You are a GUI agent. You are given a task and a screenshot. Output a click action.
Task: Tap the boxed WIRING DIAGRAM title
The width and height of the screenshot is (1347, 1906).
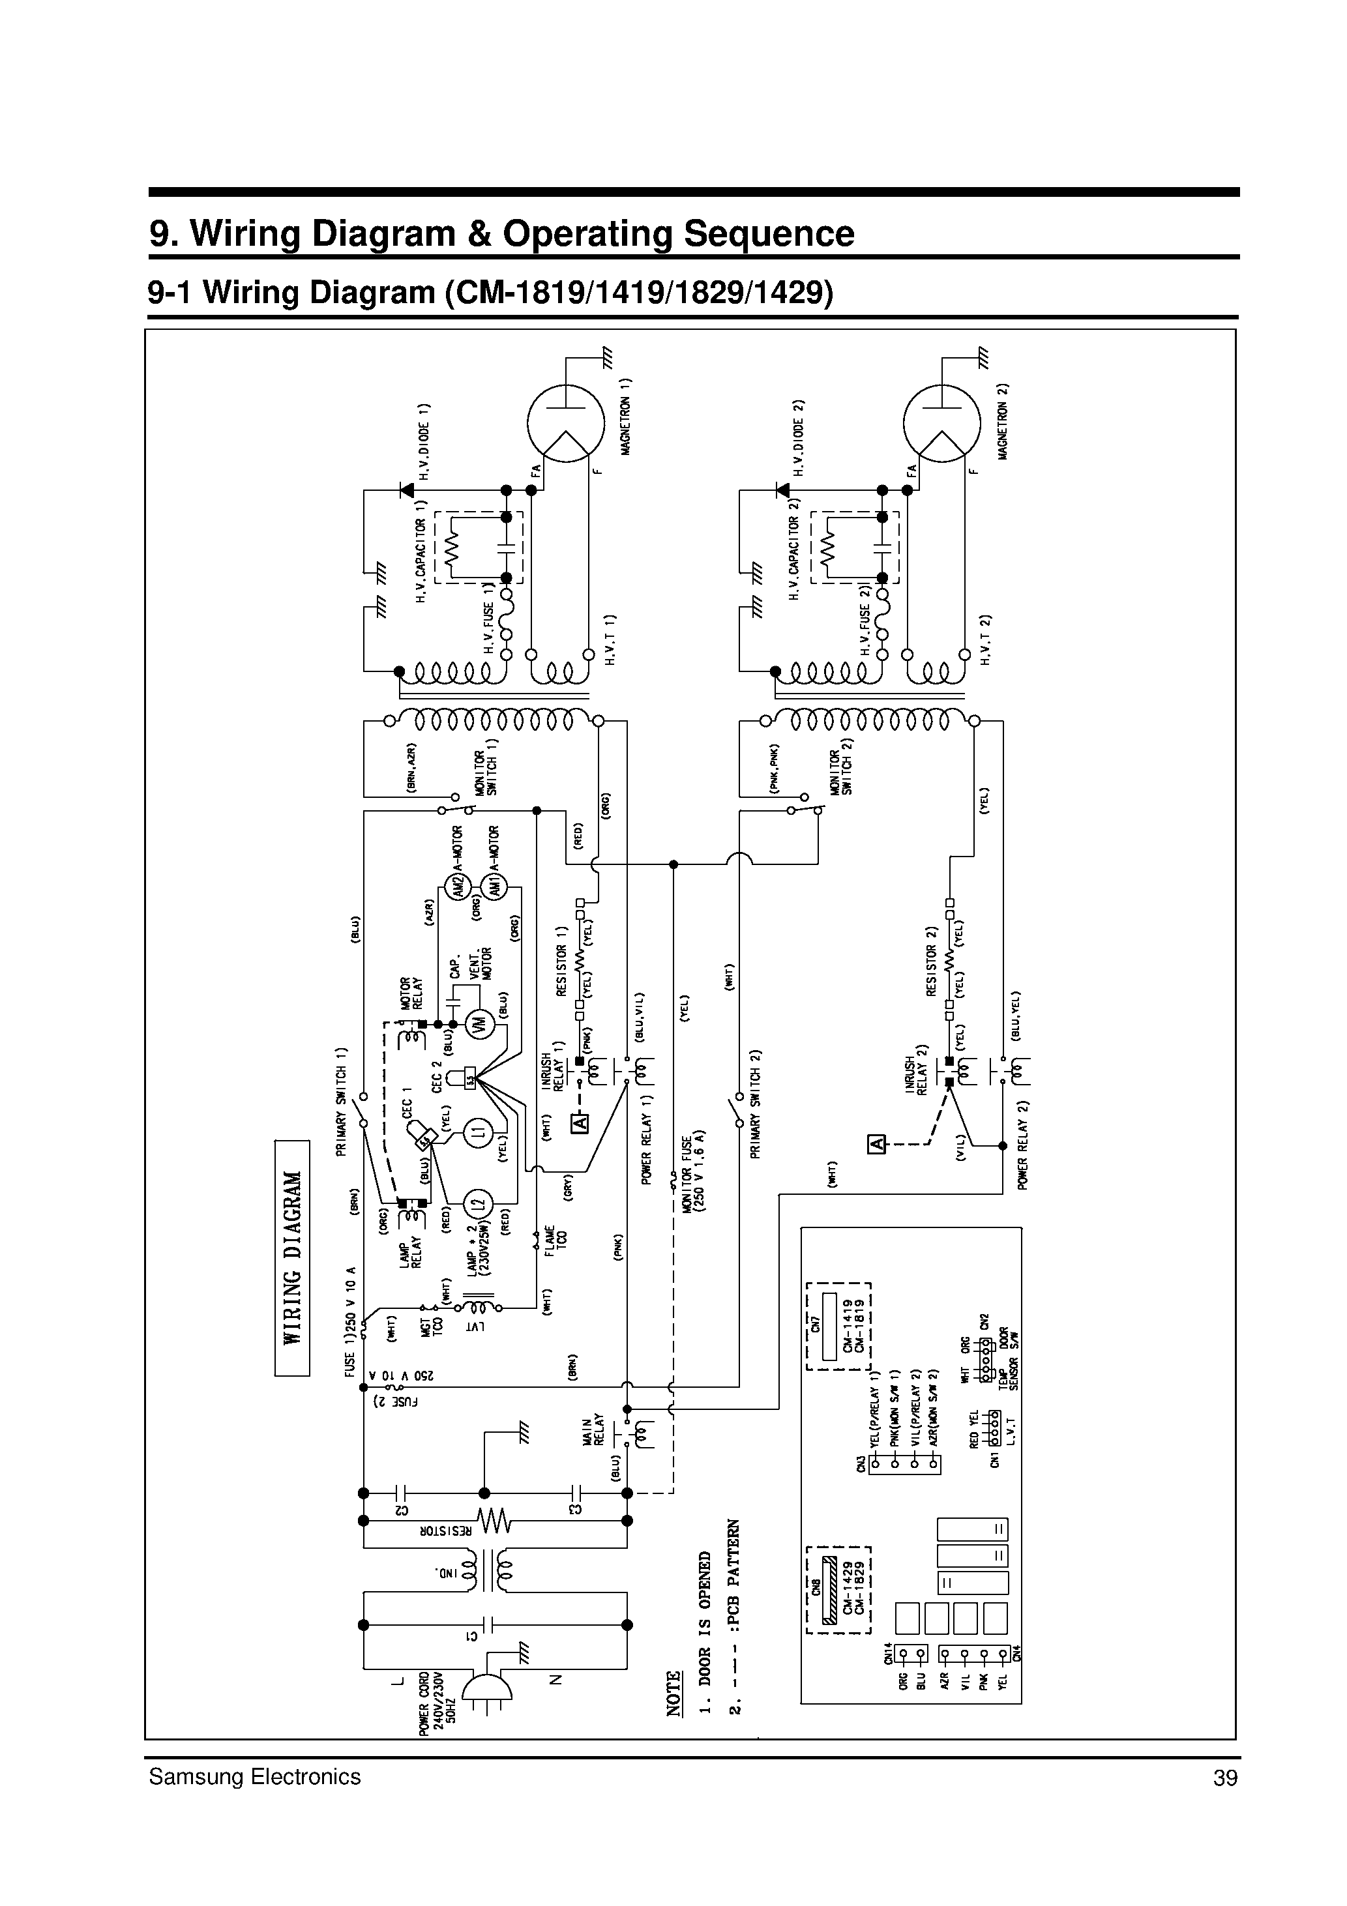click(292, 1257)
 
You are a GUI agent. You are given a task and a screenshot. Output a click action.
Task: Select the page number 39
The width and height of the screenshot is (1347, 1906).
click(1225, 1778)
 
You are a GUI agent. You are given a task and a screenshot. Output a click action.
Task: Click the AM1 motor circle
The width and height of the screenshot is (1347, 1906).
click(494, 887)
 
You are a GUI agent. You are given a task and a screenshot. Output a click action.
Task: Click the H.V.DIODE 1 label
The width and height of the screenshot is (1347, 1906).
click(425, 443)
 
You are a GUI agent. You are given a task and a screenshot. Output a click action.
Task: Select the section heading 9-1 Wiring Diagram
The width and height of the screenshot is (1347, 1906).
click(490, 292)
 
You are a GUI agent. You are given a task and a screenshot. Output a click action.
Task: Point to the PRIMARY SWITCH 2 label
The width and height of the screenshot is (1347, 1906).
click(756, 1104)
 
